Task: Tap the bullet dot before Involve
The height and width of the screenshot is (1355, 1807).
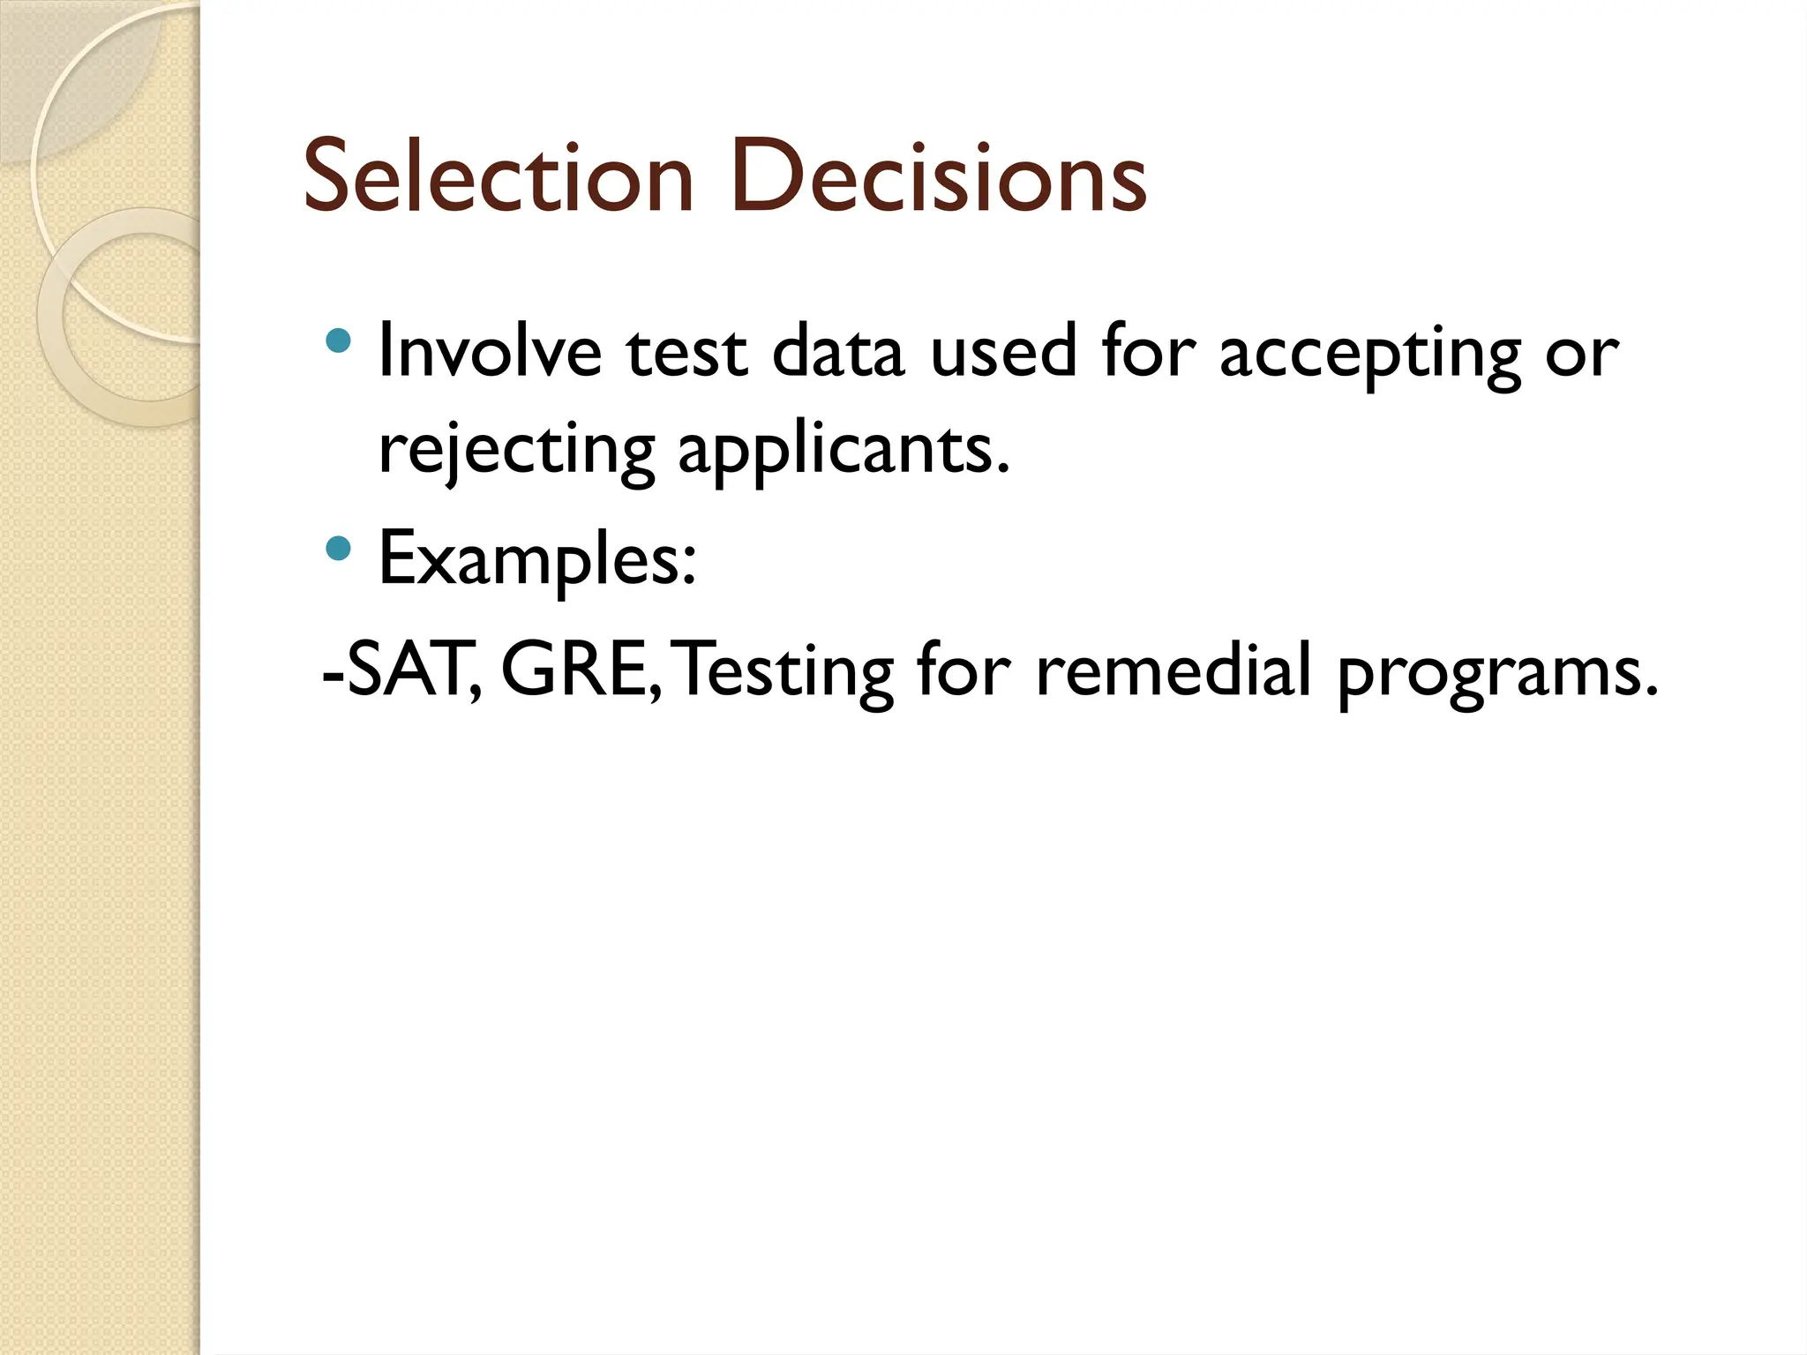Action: click(x=338, y=341)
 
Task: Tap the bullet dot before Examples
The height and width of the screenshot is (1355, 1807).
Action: click(x=338, y=550)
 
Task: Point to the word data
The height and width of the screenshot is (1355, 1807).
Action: click(x=837, y=352)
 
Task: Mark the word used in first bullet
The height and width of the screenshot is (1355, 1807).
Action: click(x=1003, y=352)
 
